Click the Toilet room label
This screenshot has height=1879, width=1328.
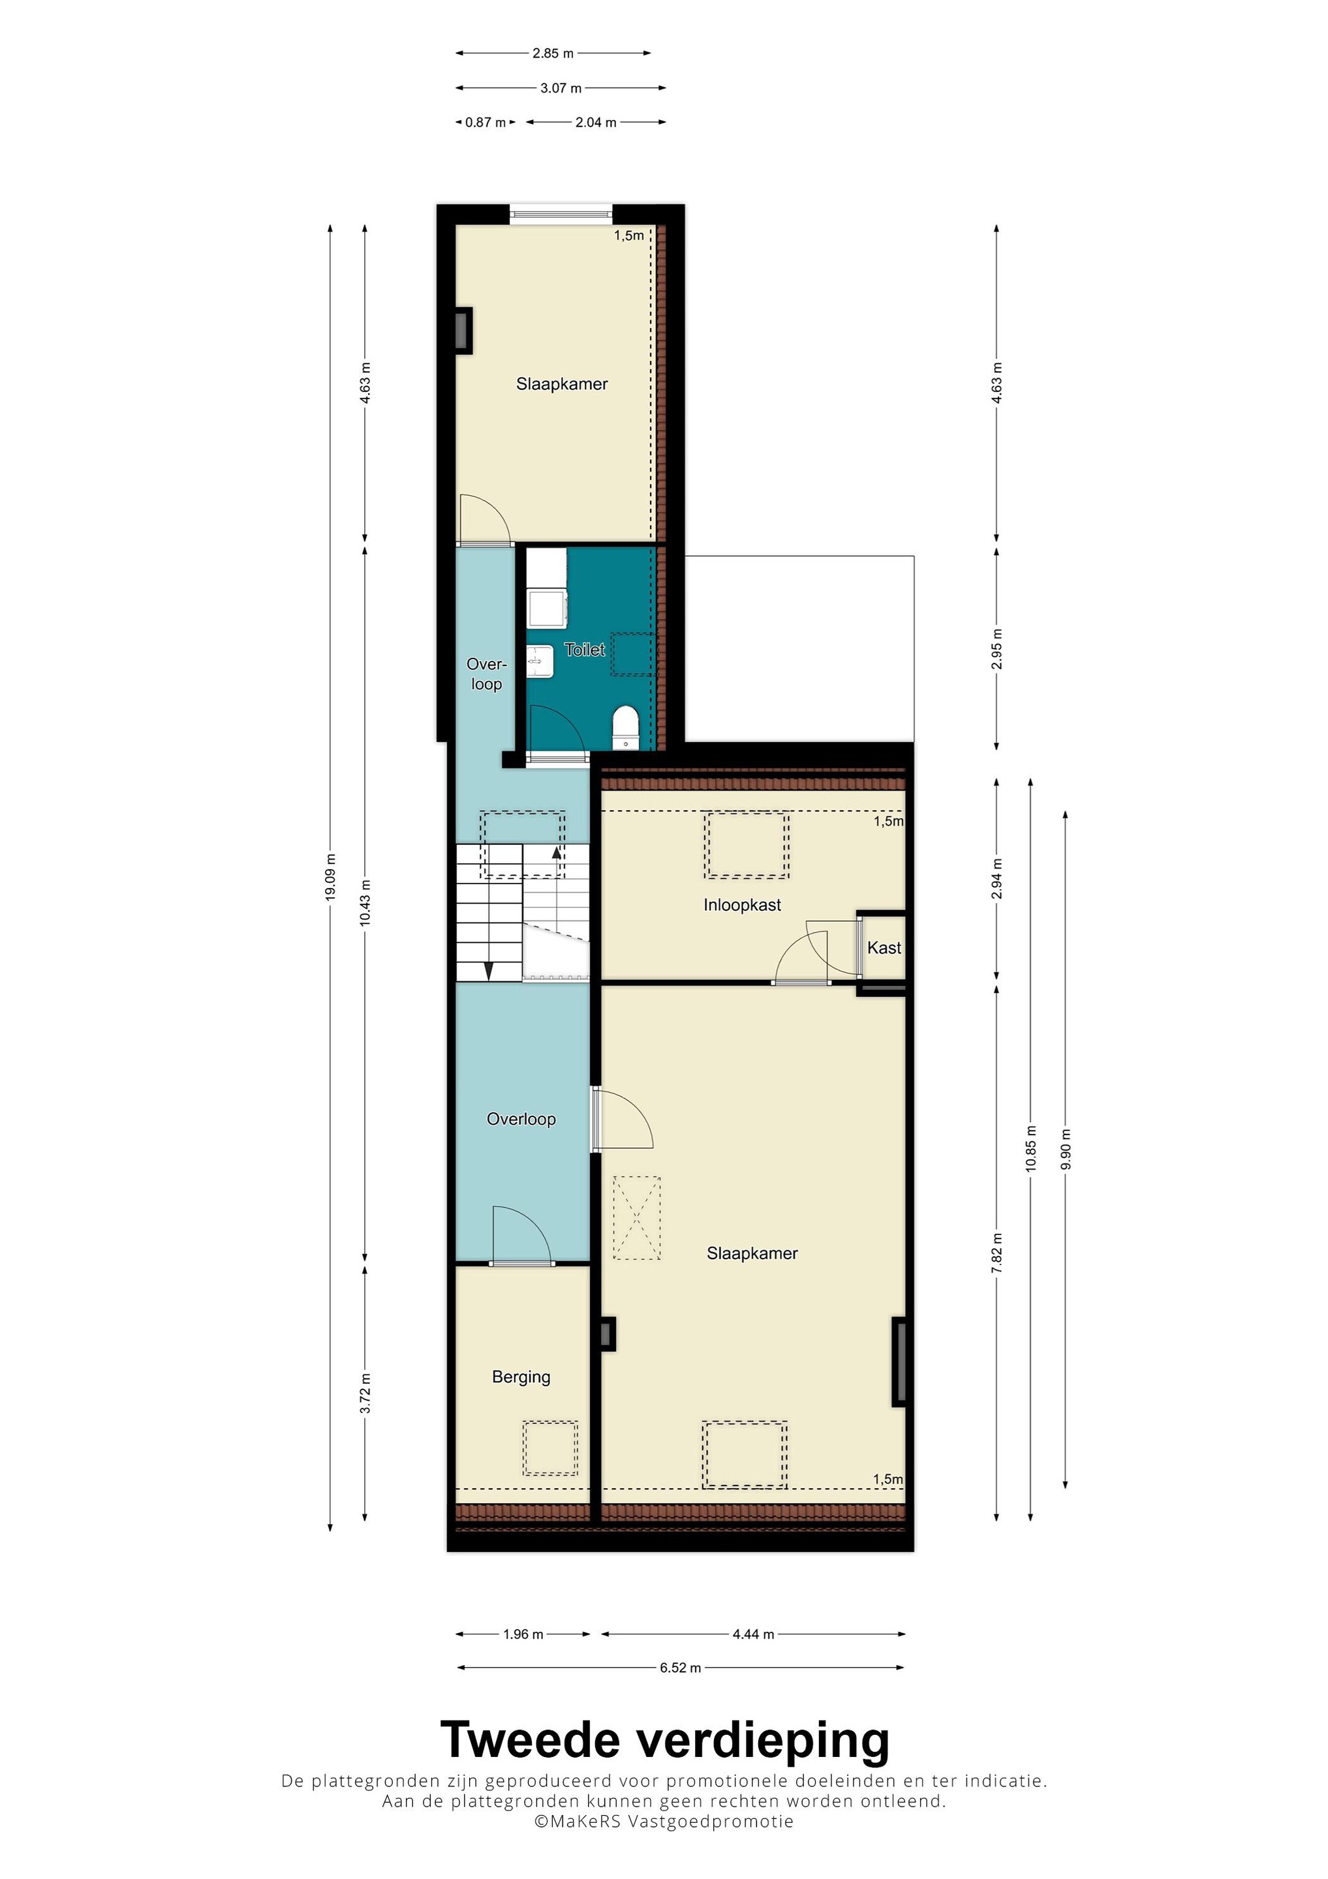[585, 650]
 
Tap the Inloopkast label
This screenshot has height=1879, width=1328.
[742, 905]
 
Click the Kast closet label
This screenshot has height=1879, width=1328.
[884, 948]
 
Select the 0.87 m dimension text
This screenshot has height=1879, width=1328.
[486, 123]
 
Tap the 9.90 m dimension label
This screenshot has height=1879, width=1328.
[1065, 1149]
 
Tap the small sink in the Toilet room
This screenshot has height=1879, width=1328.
[540, 660]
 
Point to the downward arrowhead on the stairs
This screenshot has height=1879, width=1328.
[489, 971]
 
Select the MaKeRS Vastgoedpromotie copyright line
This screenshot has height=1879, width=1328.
[664, 1822]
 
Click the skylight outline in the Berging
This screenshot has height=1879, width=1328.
[550, 1448]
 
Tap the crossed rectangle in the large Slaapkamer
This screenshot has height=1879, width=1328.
[637, 1217]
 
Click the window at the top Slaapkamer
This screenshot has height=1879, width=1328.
[561, 215]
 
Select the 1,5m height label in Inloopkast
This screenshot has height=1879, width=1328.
[888, 821]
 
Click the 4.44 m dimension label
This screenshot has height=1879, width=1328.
[753, 1634]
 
